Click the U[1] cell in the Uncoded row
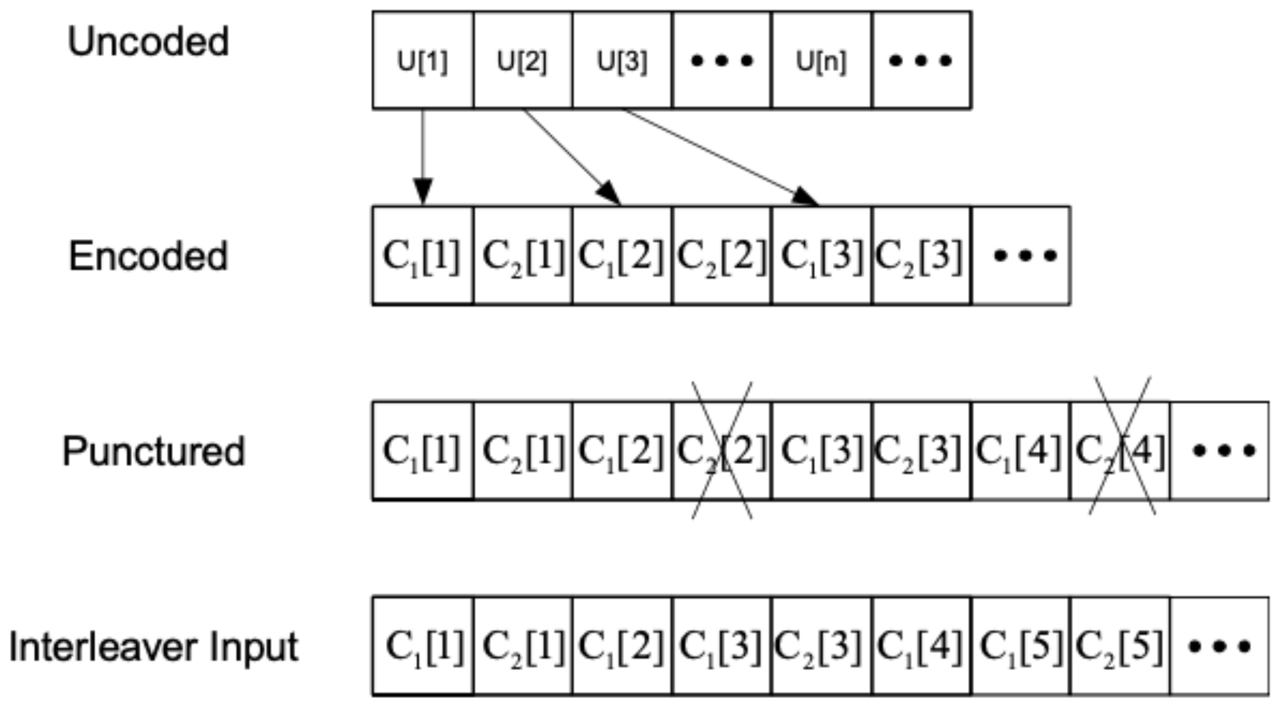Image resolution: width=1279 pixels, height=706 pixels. tap(423, 61)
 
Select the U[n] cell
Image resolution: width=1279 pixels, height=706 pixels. tap(821, 61)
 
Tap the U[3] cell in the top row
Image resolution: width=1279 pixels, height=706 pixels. tap(622, 61)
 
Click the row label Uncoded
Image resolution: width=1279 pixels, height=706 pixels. tap(148, 42)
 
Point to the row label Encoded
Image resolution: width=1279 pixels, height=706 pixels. tap(148, 256)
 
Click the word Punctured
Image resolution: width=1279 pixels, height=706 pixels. tap(154, 451)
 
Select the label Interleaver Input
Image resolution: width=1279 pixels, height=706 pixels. tap(154, 647)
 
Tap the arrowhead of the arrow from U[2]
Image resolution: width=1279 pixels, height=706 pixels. tap(610, 193)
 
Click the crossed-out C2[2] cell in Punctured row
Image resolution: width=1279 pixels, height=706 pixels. tap(722, 451)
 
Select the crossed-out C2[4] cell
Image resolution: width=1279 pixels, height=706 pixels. tap(1120, 451)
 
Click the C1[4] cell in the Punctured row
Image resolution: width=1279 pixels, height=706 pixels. tap(1019, 451)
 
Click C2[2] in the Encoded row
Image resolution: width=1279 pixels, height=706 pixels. tap(722, 256)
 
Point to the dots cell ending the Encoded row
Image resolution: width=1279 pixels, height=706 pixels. tap(1021, 256)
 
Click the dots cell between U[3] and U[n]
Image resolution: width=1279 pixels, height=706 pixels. tap(722, 61)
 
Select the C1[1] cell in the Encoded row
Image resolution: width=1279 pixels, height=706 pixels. tap(423, 256)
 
